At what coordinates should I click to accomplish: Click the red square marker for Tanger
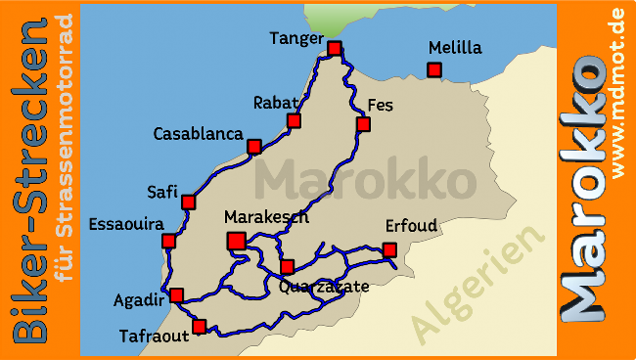(x=335, y=48)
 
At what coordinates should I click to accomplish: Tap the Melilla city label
(x=455, y=47)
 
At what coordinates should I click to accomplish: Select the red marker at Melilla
(x=434, y=69)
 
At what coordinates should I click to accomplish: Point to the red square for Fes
(x=363, y=124)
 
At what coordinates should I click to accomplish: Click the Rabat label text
(x=274, y=102)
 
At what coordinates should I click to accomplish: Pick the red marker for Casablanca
(x=254, y=146)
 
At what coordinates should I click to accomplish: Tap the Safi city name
(x=161, y=191)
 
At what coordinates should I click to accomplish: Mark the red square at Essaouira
(x=168, y=241)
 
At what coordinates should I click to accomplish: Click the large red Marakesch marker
(x=236, y=241)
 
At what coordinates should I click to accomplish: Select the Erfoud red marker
(x=389, y=249)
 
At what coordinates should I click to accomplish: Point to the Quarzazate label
(x=324, y=287)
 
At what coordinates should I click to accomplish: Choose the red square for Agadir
(x=176, y=294)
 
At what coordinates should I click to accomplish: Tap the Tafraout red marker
(x=200, y=327)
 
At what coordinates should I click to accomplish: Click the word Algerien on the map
(x=478, y=285)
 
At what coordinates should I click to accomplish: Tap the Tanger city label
(x=296, y=38)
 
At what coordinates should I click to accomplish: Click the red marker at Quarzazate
(x=287, y=267)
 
